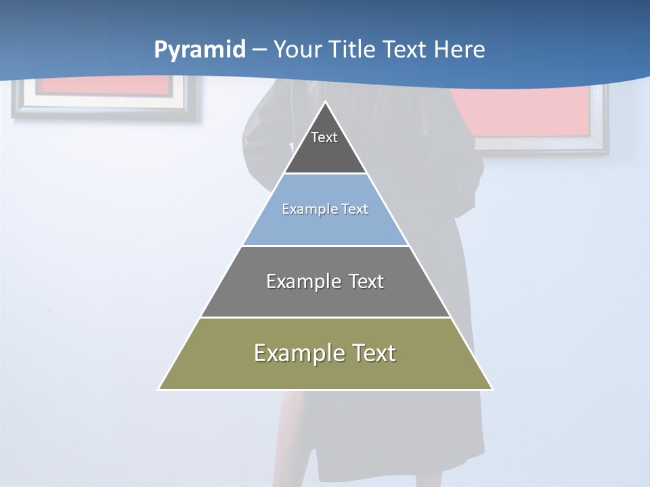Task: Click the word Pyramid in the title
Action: pos(199,50)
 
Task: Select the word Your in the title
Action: pos(297,50)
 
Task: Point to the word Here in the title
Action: pos(459,50)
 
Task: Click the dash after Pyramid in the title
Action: pos(259,50)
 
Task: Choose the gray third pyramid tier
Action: pos(325,298)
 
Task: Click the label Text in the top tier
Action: pos(324,137)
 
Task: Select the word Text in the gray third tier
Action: pos(363,281)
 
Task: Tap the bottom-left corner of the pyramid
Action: pos(159,389)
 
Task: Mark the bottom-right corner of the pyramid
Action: pos(492,389)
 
